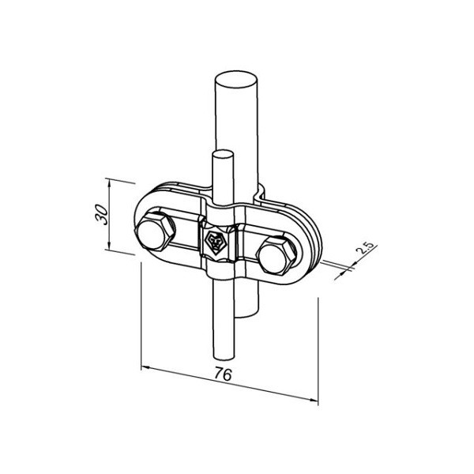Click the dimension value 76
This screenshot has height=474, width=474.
pyautogui.click(x=223, y=374)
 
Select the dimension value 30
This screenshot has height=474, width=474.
pyautogui.click(x=102, y=214)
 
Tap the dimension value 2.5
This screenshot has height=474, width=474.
pyautogui.click(x=364, y=247)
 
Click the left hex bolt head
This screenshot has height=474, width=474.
pyautogui.click(x=156, y=231)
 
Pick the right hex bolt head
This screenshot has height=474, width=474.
pyautogui.click(x=276, y=256)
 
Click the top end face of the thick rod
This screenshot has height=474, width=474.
pyautogui.click(x=236, y=80)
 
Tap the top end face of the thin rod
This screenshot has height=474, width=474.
pyautogui.click(x=223, y=154)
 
